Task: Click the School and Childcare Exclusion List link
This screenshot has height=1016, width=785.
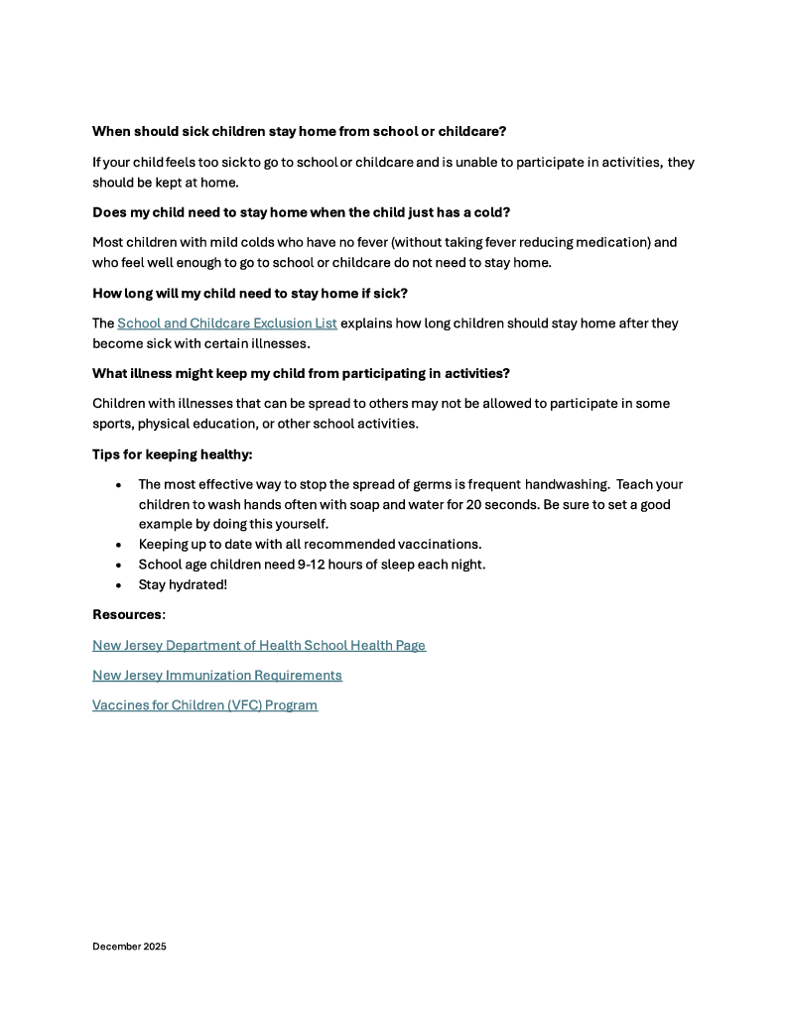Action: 227,323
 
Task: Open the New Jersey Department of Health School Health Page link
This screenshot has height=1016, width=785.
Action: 259,645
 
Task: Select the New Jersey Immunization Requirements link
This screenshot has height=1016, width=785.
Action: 217,675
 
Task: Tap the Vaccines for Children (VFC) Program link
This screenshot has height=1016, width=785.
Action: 204,705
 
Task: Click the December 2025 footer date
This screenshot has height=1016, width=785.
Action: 129,947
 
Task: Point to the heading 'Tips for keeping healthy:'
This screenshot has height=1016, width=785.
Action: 173,454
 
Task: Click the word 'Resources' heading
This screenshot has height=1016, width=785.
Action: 126,614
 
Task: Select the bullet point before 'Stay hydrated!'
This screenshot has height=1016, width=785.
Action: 119,585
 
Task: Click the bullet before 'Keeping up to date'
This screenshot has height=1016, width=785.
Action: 119,545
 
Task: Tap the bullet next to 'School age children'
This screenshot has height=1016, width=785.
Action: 119,566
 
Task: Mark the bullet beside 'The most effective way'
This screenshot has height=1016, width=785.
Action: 119,485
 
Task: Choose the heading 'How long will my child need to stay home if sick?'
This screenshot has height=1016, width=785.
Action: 250,293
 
